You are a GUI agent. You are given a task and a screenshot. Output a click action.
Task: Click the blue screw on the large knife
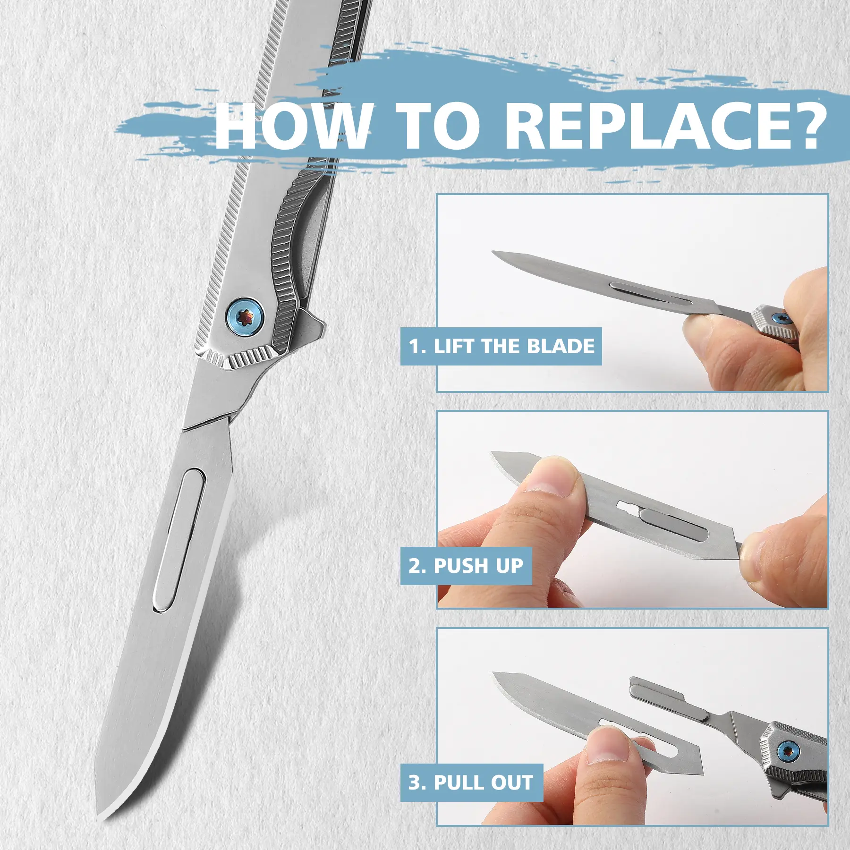coord(245,317)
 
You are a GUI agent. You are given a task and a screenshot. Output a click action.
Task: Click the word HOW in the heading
coord(293,126)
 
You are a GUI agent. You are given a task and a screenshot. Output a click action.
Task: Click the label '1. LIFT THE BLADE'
coord(501,346)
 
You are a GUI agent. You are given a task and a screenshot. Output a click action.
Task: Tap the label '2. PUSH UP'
coord(466,566)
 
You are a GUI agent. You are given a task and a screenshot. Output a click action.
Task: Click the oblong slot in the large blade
coord(179,540)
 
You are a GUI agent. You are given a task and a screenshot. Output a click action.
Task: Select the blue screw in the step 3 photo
coord(788,751)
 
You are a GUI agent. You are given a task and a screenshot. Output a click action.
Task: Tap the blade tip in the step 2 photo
coord(493,454)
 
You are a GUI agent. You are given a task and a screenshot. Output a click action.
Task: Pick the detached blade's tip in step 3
coord(495,673)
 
